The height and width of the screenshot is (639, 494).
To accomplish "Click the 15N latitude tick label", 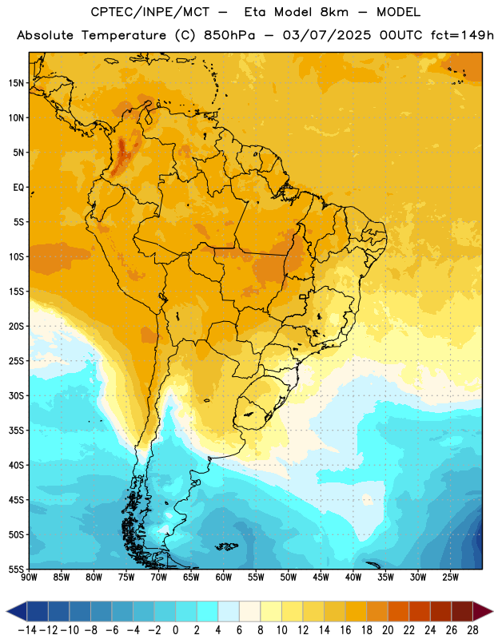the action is point(17,83).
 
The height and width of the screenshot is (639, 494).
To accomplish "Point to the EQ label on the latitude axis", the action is point(18,188).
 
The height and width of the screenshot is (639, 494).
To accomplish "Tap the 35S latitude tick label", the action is point(17,431).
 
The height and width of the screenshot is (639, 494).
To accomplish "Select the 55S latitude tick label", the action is point(17,569).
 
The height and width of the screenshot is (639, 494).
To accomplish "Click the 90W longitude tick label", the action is point(29,577).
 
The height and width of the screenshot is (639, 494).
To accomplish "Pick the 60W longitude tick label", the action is point(224,577).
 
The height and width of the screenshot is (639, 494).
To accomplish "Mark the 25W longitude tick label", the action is point(450,577).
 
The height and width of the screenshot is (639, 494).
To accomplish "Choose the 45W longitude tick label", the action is point(321,577).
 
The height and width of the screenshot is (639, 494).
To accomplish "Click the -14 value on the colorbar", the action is point(27,630).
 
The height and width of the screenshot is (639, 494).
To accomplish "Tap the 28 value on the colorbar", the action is point(472,630).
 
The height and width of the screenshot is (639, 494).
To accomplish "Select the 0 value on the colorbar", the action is point(175,630).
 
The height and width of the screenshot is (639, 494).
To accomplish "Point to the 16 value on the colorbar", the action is point(345,630).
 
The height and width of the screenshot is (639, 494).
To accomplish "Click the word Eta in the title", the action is point(255,12).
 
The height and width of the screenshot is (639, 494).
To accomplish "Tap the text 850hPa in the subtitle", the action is point(229,35).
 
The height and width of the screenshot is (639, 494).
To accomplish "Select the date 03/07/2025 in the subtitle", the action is point(327,35).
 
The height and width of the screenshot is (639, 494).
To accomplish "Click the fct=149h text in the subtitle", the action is point(462,35).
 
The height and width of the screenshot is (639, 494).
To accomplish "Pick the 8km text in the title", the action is point(334,12).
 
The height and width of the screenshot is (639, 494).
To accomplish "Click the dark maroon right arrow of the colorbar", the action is point(483,612).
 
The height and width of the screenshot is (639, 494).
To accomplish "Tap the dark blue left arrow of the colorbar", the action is point(17,612).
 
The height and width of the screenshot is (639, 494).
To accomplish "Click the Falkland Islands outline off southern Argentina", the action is point(227,546).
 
